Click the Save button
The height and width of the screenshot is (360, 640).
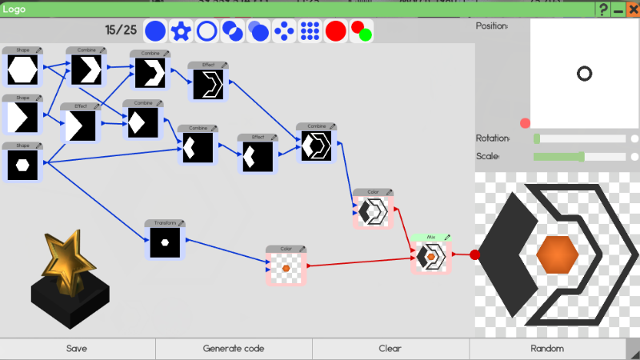[x=77, y=348]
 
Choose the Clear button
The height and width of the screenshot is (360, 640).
[x=390, y=348]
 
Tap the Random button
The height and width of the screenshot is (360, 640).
[x=547, y=348]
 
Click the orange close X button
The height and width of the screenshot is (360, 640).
[x=632, y=10]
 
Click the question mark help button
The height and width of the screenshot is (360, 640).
[x=603, y=10]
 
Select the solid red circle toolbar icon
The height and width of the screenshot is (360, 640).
[x=336, y=31]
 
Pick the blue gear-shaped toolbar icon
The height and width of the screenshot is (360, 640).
[x=181, y=31]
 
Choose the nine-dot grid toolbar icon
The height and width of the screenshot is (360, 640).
[x=310, y=31]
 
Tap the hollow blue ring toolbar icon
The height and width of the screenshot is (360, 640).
[x=206, y=31]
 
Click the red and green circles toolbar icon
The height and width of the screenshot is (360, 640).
[x=362, y=31]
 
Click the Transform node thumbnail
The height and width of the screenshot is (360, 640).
[x=166, y=242]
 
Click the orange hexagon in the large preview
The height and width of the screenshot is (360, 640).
[x=557, y=254]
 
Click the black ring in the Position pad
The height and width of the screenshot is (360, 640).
[x=584, y=74]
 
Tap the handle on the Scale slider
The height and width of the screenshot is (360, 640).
[x=582, y=157]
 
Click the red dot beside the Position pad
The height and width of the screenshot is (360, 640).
[x=525, y=123]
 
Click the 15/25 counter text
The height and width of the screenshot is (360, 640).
[x=121, y=30]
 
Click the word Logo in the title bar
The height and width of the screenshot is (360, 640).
[x=15, y=9]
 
